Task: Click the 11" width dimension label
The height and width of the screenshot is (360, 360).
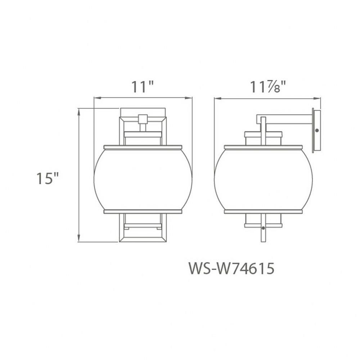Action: [x=142, y=87]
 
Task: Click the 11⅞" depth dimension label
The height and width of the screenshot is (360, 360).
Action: [x=268, y=87]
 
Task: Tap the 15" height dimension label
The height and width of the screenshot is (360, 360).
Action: [x=48, y=178]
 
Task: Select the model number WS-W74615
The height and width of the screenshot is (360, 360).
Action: [x=231, y=269]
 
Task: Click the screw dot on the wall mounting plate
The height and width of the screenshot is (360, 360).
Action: [x=317, y=130]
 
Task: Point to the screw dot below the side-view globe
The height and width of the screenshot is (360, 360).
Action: [x=263, y=228]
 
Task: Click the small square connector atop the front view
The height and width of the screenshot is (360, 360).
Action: [x=143, y=119]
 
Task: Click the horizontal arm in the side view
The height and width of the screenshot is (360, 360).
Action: [x=284, y=119]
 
